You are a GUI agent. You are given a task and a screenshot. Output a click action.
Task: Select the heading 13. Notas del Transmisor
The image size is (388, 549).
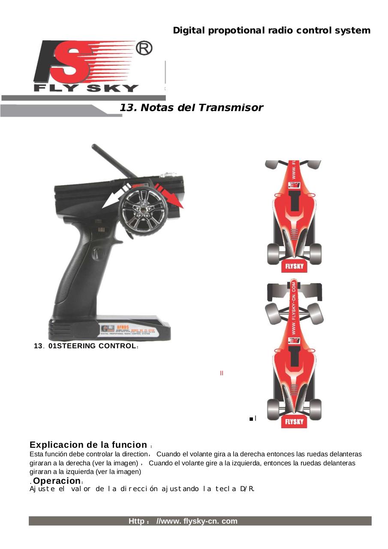[x=191, y=108]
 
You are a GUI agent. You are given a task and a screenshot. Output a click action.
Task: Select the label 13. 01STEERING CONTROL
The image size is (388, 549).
[x=86, y=346]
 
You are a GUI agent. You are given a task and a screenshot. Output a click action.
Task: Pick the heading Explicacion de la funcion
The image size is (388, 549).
[x=88, y=445]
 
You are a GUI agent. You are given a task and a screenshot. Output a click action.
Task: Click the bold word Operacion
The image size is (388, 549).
[x=57, y=481]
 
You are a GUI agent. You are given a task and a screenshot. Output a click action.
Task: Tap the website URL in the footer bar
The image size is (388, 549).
[x=183, y=521]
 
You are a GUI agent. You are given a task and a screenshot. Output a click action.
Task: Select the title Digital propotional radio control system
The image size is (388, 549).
[x=271, y=30]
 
